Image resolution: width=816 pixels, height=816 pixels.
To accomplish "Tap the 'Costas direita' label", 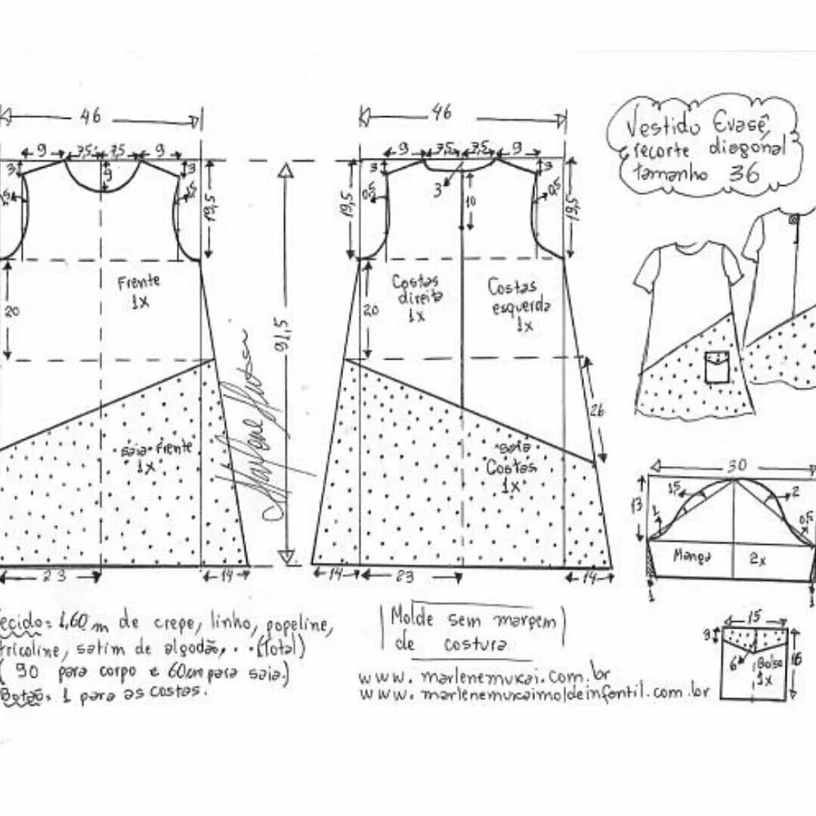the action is pos(416,296).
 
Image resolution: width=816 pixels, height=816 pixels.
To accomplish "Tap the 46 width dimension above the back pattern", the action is pos(442,113).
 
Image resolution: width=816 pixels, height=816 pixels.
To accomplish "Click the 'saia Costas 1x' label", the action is pos(511,468).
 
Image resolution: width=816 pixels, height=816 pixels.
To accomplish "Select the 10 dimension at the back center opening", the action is pos(471,202).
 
